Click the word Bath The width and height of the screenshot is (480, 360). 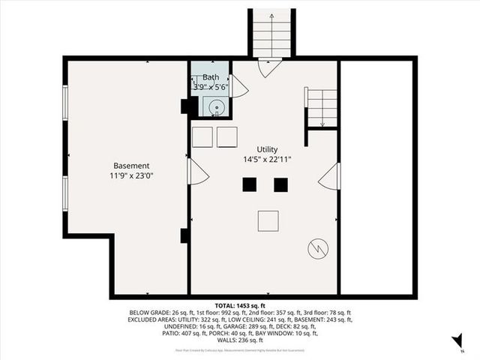(210, 76)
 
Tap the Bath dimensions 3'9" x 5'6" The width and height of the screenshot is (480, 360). (210, 86)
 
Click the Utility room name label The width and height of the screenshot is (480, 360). (267, 149)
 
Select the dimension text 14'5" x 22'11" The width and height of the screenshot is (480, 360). (267, 159)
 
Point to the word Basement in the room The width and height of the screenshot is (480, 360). (131, 166)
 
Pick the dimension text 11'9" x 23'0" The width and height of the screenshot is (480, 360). (131, 175)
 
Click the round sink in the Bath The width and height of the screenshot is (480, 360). (215, 107)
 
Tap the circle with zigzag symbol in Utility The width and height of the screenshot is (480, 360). (317, 247)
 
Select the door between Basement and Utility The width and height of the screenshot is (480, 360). (197, 172)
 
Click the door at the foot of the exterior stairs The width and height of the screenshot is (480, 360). (269, 68)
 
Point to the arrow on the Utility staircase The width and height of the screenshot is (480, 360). (322, 112)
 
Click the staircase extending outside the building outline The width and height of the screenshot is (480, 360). (271, 34)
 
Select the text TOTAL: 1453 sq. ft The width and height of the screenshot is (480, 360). (241, 306)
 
